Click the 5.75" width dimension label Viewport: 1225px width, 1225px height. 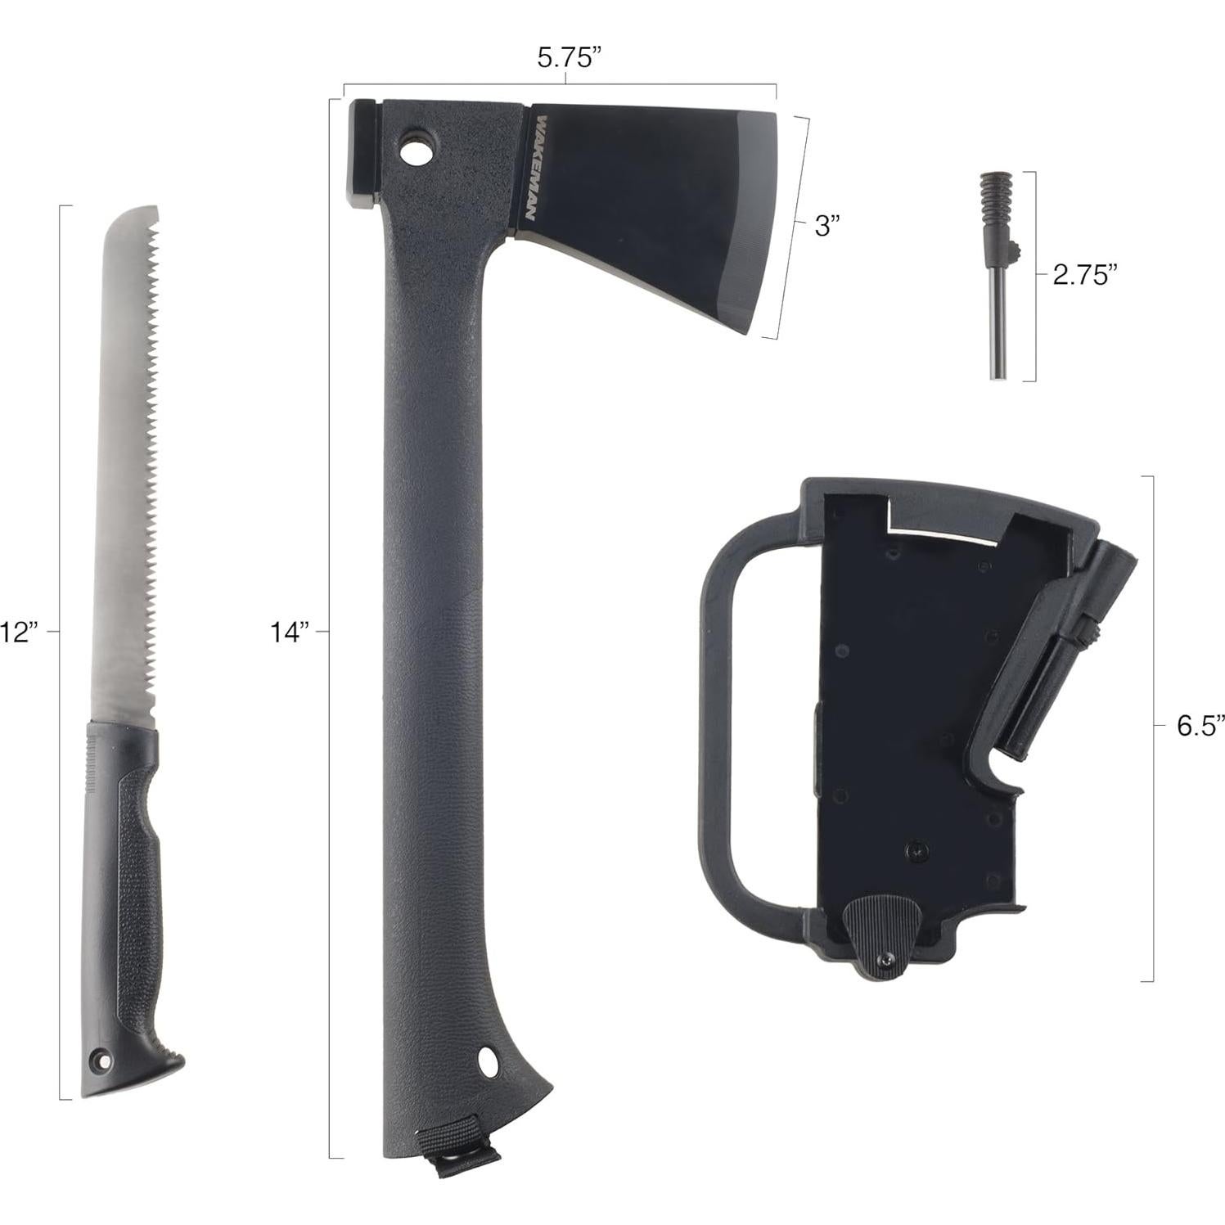pos(570,58)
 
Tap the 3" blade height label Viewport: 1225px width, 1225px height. pos(827,226)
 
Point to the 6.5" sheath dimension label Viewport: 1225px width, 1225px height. pos(1200,725)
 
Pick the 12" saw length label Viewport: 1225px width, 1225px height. pos(18,632)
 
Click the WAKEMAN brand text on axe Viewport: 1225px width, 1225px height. pos(528,169)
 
